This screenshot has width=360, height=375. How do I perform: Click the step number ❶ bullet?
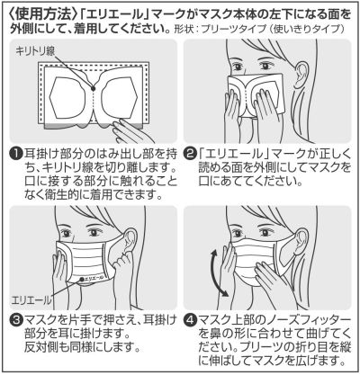click(x=16, y=155)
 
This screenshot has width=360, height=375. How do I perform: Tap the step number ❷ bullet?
click(x=191, y=155)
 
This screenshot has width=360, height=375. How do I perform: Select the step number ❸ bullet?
click(x=16, y=321)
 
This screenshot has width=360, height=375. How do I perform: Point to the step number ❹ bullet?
click(x=191, y=321)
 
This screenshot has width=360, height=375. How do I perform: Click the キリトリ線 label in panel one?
click(x=35, y=51)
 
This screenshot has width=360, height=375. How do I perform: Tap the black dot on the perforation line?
click(x=93, y=88)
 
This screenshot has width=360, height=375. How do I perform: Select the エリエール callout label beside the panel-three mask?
click(x=31, y=299)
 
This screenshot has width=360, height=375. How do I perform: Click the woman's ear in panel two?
click(x=301, y=75)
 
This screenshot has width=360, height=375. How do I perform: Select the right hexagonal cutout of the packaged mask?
click(x=119, y=97)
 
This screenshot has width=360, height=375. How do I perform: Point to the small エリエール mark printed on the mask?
click(x=93, y=278)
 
